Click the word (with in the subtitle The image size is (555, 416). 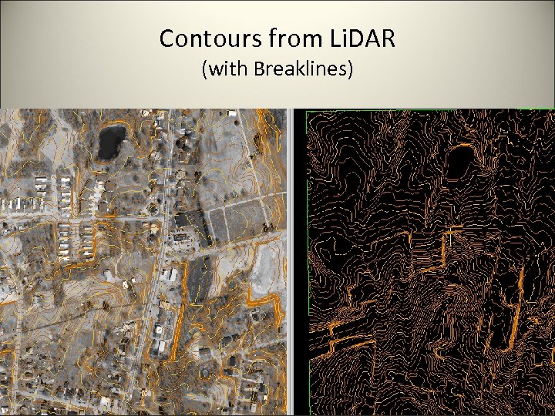pos(222,70)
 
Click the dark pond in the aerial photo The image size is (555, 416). pos(111,141)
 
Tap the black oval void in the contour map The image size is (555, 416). pos(460,162)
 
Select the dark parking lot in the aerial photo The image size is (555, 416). pos(199,277)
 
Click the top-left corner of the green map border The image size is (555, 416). pos(307,111)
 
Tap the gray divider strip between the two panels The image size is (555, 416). pos(290,262)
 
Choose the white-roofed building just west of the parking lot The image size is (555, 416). pos(170,273)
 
